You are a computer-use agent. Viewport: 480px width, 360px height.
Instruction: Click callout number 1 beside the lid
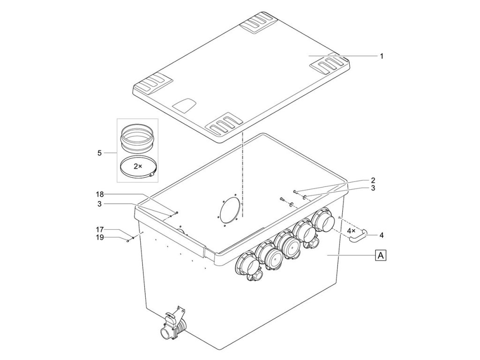[382, 56]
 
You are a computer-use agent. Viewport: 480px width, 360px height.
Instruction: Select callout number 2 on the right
[373, 180]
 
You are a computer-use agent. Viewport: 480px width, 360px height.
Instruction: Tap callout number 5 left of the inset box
[99, 153]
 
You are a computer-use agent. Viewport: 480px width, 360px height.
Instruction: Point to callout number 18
[100, 194]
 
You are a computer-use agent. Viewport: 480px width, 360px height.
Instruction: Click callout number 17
[100, 230]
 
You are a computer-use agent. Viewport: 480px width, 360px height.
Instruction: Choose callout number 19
[100, 237]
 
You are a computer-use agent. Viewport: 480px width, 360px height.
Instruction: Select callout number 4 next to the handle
[382, 234]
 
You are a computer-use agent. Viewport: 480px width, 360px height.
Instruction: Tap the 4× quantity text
[352, 231]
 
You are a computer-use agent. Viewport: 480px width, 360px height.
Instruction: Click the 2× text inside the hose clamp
[137, 166]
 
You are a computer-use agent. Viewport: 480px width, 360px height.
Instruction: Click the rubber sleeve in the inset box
[137, 137]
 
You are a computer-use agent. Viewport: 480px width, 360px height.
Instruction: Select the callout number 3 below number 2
[373, 188]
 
